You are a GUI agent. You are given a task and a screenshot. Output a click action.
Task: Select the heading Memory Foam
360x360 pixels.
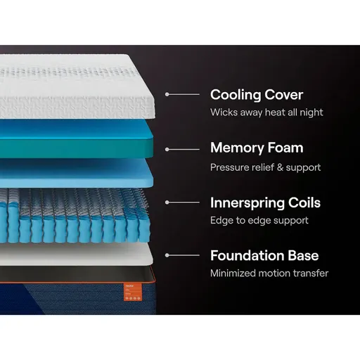coord(257,148)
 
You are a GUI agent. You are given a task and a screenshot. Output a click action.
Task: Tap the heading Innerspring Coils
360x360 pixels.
coord(265,203)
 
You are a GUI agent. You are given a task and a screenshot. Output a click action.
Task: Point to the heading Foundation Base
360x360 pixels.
coord(264,255)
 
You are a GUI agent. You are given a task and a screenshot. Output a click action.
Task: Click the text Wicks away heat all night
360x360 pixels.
coord(265,112)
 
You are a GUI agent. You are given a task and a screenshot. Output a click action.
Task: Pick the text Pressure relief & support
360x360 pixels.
coord(265,167)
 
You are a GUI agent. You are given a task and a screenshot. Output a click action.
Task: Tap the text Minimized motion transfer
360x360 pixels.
coord(269,273)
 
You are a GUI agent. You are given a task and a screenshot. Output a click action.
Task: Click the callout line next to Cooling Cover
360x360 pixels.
coord(181,94)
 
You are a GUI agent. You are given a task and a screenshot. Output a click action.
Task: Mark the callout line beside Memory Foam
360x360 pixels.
coord(181,148)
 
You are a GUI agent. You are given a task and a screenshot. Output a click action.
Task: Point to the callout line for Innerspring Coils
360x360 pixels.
coord(181,202)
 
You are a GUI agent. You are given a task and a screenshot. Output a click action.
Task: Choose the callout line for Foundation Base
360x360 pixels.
coord(181,255)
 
